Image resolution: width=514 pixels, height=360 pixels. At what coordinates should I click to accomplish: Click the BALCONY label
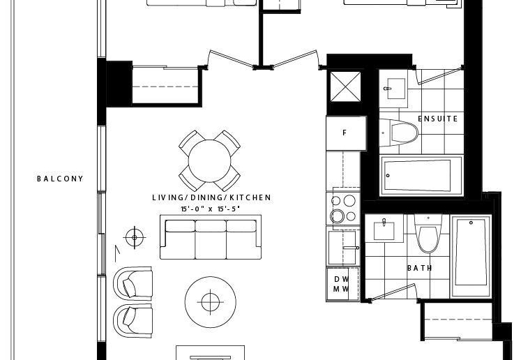coord(60,179)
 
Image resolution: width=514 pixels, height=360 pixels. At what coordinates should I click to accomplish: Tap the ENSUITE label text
coord(438,119)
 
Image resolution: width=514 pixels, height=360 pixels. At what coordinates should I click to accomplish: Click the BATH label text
coord(420,268)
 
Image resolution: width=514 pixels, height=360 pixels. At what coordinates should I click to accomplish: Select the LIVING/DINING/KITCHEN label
coord(212,197)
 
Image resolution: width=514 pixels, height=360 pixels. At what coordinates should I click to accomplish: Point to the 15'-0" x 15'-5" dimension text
coord(211,209)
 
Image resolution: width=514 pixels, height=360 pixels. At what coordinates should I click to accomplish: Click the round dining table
coord(209,161)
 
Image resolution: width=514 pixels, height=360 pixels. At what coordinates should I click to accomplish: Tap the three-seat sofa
coord(211,237)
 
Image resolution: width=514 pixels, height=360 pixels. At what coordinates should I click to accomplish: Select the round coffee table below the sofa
coord(210,302)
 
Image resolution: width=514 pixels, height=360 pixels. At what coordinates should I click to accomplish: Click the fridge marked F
coord(346,133)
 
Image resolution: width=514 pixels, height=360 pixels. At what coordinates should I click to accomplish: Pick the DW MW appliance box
coord(342,284)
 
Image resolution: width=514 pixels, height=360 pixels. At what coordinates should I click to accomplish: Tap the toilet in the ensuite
coord(399,133)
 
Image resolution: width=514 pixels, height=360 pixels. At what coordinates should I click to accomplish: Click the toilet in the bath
coord(428,234)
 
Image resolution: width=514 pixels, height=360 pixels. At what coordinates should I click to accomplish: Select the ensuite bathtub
coord(421,175)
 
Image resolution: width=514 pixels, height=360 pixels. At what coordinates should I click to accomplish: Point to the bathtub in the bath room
coord(471,256)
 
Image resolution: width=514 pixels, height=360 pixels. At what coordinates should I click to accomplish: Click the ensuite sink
coord(395,89)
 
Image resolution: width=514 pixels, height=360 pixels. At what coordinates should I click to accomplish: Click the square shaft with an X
coord(345,87)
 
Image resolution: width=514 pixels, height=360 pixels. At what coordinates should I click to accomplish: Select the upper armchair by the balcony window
coord(133,284)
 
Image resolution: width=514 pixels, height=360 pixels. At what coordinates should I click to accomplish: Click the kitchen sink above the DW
coord(343,248)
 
